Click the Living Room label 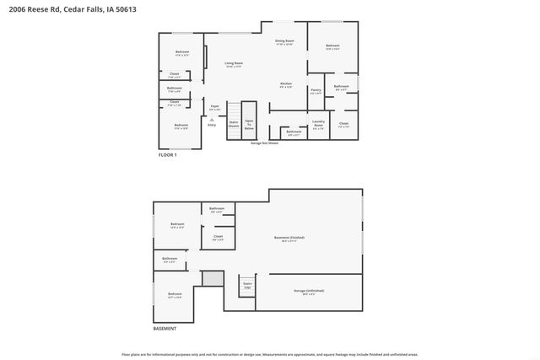(x=234, y=64)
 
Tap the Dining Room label (x=284, y=42)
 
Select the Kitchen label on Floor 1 (x=286, y=84)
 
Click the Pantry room (x=316, y=91)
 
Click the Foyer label (x=215, y=108)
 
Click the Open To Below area (x=250, y=125)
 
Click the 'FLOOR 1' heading (x=168, y=156)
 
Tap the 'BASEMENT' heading (x=165, y=328)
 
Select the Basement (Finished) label (x=289, y=239)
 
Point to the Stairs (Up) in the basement (x=247, y=285)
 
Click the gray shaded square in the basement (x=213, y=278)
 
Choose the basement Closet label (x=218, y=238)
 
